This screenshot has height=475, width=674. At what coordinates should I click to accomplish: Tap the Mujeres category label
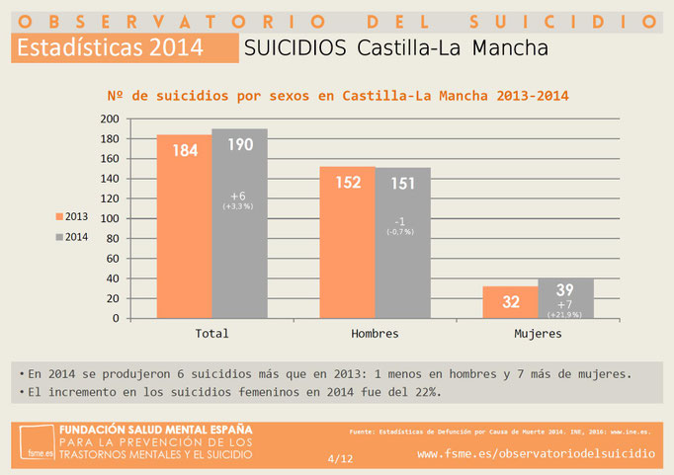[538, 334]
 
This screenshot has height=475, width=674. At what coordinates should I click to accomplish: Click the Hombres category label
[375, 334]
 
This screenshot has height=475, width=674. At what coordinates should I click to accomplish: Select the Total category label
[211, 334]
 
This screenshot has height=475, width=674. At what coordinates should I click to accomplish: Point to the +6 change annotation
[238, 196]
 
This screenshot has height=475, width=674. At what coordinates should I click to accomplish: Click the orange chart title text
[337, 96]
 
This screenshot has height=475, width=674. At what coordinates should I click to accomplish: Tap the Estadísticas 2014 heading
[110, 46]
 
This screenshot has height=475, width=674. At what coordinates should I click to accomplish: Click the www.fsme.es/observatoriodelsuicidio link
[536, 453]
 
